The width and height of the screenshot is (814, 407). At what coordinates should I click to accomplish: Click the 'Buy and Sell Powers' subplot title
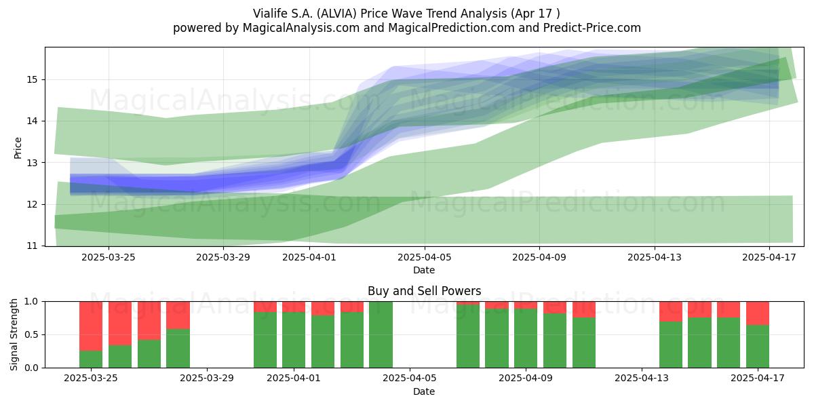pos(424,291)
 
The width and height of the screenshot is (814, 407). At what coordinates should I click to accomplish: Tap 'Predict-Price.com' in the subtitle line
pos(592,28)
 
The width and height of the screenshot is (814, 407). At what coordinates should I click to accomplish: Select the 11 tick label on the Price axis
pos(33,246)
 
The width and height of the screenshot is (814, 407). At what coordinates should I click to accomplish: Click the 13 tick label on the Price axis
pos(33,163)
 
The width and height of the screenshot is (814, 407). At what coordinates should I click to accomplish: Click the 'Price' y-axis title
pos(18,148)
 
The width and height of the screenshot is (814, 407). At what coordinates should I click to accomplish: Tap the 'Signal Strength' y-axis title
pos(14,334)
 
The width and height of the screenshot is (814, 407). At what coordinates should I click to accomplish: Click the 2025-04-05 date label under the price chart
pos(424,257)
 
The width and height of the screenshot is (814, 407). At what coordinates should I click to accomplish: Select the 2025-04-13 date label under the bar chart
pos(642,379)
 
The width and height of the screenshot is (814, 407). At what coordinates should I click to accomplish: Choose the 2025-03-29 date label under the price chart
pos(223,257)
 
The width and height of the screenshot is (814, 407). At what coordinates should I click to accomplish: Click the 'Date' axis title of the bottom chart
pos(424,391)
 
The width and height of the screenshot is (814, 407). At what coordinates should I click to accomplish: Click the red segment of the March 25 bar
pos(91,326)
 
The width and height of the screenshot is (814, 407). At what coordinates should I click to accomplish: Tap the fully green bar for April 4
pos(381,334)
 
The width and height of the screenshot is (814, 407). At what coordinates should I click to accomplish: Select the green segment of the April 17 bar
pos(758,347)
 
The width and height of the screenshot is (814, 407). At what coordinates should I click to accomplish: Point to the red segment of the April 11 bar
pos(584,309)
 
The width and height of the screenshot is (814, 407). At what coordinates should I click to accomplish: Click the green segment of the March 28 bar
pos(178,349)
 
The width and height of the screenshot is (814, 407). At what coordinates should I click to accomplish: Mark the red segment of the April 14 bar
pos(671,311)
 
